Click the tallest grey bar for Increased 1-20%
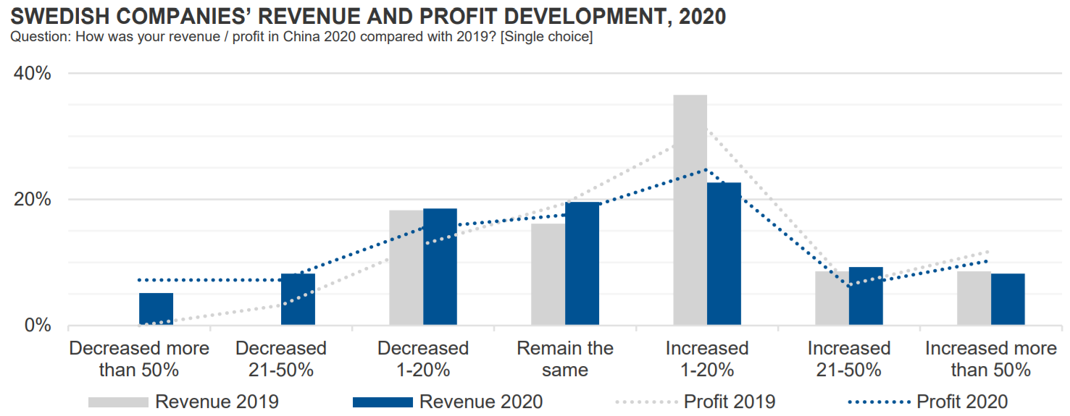(x=690, y=210)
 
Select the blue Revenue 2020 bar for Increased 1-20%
(x=724, y=253)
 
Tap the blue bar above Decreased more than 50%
(x=156, y=309)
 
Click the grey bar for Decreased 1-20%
(x=406, y=267)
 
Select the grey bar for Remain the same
(x=548, y=274)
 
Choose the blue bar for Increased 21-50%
(x=866, y=296)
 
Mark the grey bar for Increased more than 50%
(x=974, y=298)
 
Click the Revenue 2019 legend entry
(x=217, y=402)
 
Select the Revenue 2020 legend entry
(x=481, y=402)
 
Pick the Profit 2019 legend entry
(x=729, y=402)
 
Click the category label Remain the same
(x=565, y=359)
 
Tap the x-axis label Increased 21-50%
(x=848, y=359)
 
